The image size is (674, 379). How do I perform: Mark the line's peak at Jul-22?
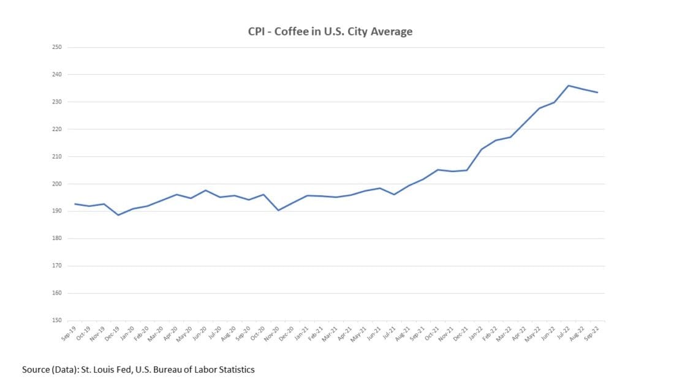point(569,86)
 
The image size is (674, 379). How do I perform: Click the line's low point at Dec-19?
point(118,215)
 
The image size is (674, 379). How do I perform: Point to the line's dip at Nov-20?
point(278,210)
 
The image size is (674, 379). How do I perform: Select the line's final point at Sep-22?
point(597,92)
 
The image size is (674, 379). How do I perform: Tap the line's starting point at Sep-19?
point(75,204)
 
